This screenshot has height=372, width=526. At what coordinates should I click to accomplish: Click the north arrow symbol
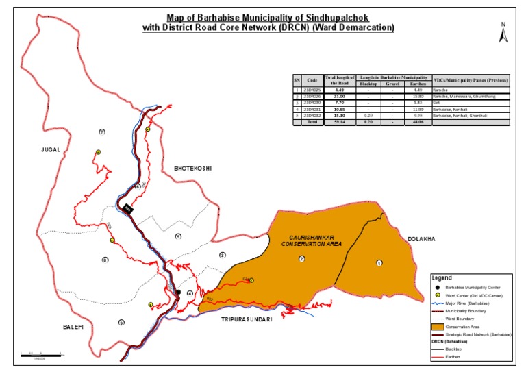pyautogui.click(x=503, y=34)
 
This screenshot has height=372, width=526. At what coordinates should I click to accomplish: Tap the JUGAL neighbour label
pyautogui.click(x=50, y=149)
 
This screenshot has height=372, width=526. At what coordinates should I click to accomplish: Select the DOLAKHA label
pyautogui.click(x=421, y=239)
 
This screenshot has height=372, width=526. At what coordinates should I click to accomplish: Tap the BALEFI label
pyautogui.click(x=69, y=327)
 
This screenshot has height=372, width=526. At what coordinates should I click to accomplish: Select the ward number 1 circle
pyautogui.click(x=379, y=262)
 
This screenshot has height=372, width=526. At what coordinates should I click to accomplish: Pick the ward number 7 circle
pyautogui.click(x=101, y=132)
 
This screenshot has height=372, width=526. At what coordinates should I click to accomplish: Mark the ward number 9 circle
pyautogui.click(x=121, y=323)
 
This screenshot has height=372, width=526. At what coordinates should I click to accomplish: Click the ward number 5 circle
pyautogui.click(x=178, y=236)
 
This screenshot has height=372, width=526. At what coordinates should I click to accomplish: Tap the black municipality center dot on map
pyautogui.click(x=178, y=293)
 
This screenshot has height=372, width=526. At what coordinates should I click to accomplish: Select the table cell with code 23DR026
pyautogui.click(x=312, y=98)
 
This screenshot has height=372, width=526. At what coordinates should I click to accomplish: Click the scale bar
pyautogui.click(x=41, y=354)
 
